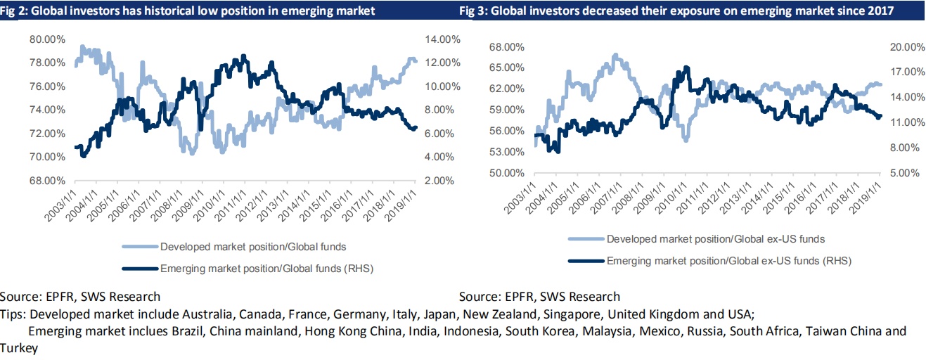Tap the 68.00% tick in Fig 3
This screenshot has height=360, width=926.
[x=506, y=47]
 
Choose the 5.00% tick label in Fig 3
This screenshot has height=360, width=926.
[x=904, y=173]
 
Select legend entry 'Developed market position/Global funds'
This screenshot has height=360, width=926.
[x=253, y=246]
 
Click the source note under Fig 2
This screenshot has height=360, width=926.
[x=80, y=297]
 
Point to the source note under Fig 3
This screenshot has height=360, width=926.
[x=539, y=297]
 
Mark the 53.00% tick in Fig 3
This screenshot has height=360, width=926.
[x=506, y=152]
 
